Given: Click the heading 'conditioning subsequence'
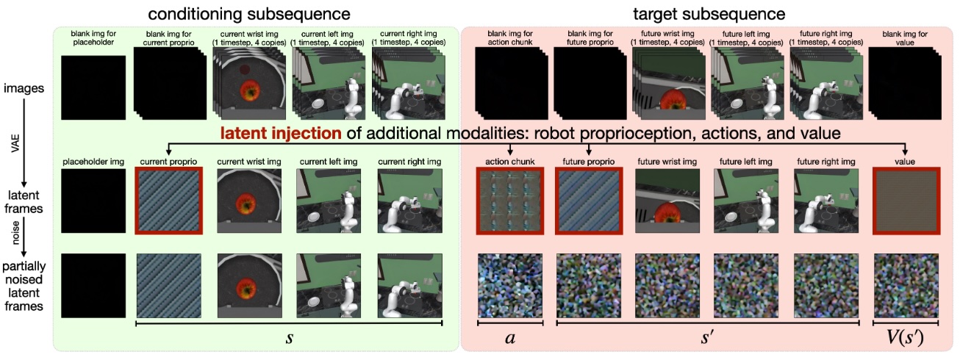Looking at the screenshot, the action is [x=249, y=14].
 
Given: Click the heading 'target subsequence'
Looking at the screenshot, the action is [x=709, y=14].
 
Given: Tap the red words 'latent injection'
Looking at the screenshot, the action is [x=281, y=133].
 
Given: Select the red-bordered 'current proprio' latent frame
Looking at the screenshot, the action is [x=169, y=201].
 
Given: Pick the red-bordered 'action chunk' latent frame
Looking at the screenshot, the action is [x=510, y=201].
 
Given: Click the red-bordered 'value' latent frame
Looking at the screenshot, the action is [x=906, y=201].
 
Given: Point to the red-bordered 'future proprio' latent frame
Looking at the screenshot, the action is [x=589, y=201].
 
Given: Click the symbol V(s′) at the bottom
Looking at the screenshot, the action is [x=905, y=337].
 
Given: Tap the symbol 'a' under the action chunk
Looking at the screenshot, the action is [x=510, y=338].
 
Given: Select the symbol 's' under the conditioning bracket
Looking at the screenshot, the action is [x=290, y=338].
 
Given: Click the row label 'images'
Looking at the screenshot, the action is [x=24, y=88].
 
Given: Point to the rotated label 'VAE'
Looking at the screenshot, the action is [x=16, y=143].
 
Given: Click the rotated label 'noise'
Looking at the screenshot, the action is [x=16, y=233].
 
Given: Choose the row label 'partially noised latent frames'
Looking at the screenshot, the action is [x=24, y=286].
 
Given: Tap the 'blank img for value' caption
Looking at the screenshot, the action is [x=905, y=37].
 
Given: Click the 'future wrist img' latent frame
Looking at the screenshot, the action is [x=667, y=201].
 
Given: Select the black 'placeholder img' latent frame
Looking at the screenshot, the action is [x=93, y=201].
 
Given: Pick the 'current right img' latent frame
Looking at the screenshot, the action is [x=409, y=201].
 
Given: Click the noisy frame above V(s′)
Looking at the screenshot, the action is [x=906, y=285].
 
